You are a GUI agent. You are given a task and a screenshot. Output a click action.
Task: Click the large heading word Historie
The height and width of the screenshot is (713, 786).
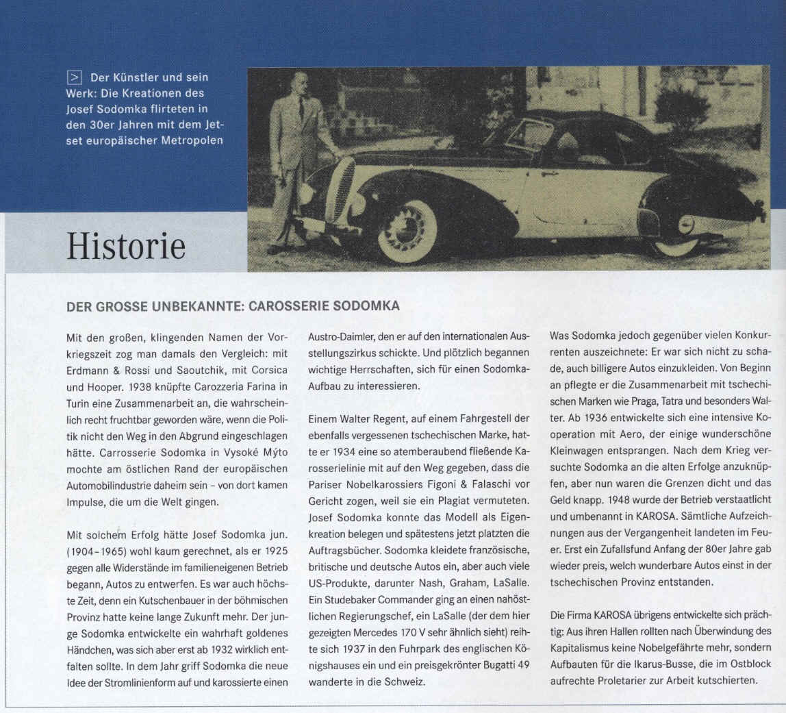coord(126,245)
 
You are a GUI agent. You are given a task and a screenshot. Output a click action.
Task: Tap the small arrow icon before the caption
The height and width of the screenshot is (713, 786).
coord(74,77)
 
